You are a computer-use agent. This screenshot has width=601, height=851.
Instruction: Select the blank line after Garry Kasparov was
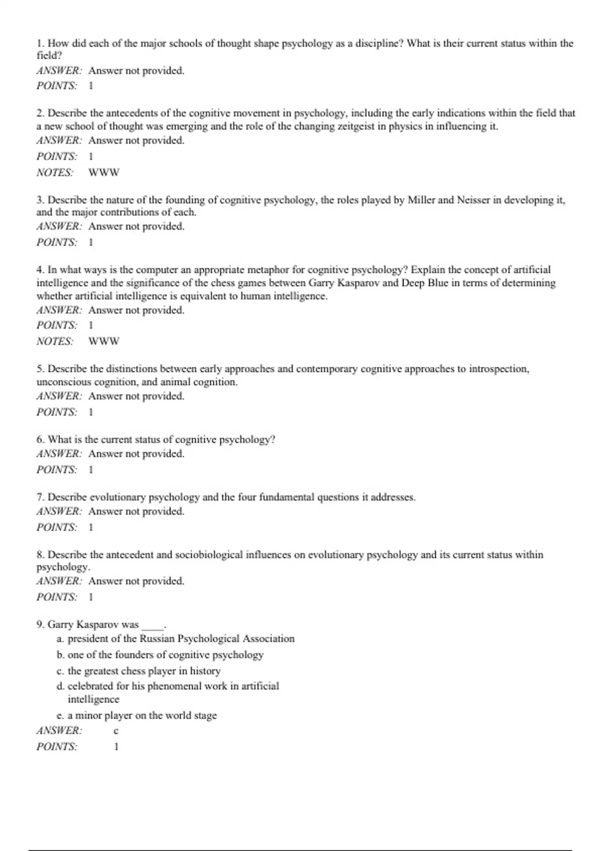[x=152, y=626]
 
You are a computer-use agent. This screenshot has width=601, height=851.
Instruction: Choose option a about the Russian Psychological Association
[x=175, y=639]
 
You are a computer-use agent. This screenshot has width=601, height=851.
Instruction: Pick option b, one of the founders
[x=160, y=655]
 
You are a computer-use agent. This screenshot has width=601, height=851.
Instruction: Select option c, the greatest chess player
[x=139, y=671]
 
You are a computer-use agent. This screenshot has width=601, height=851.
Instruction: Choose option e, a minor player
[x=137, y=715]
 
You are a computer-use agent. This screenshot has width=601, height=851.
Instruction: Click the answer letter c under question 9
[x=116, y=731]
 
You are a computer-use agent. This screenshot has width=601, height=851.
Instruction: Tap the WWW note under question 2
[x=104, y=173]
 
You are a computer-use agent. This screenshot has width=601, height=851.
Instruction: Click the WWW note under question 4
[x=104, y=341]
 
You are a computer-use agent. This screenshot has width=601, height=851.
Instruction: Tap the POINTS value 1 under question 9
[x=116, y=747]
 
